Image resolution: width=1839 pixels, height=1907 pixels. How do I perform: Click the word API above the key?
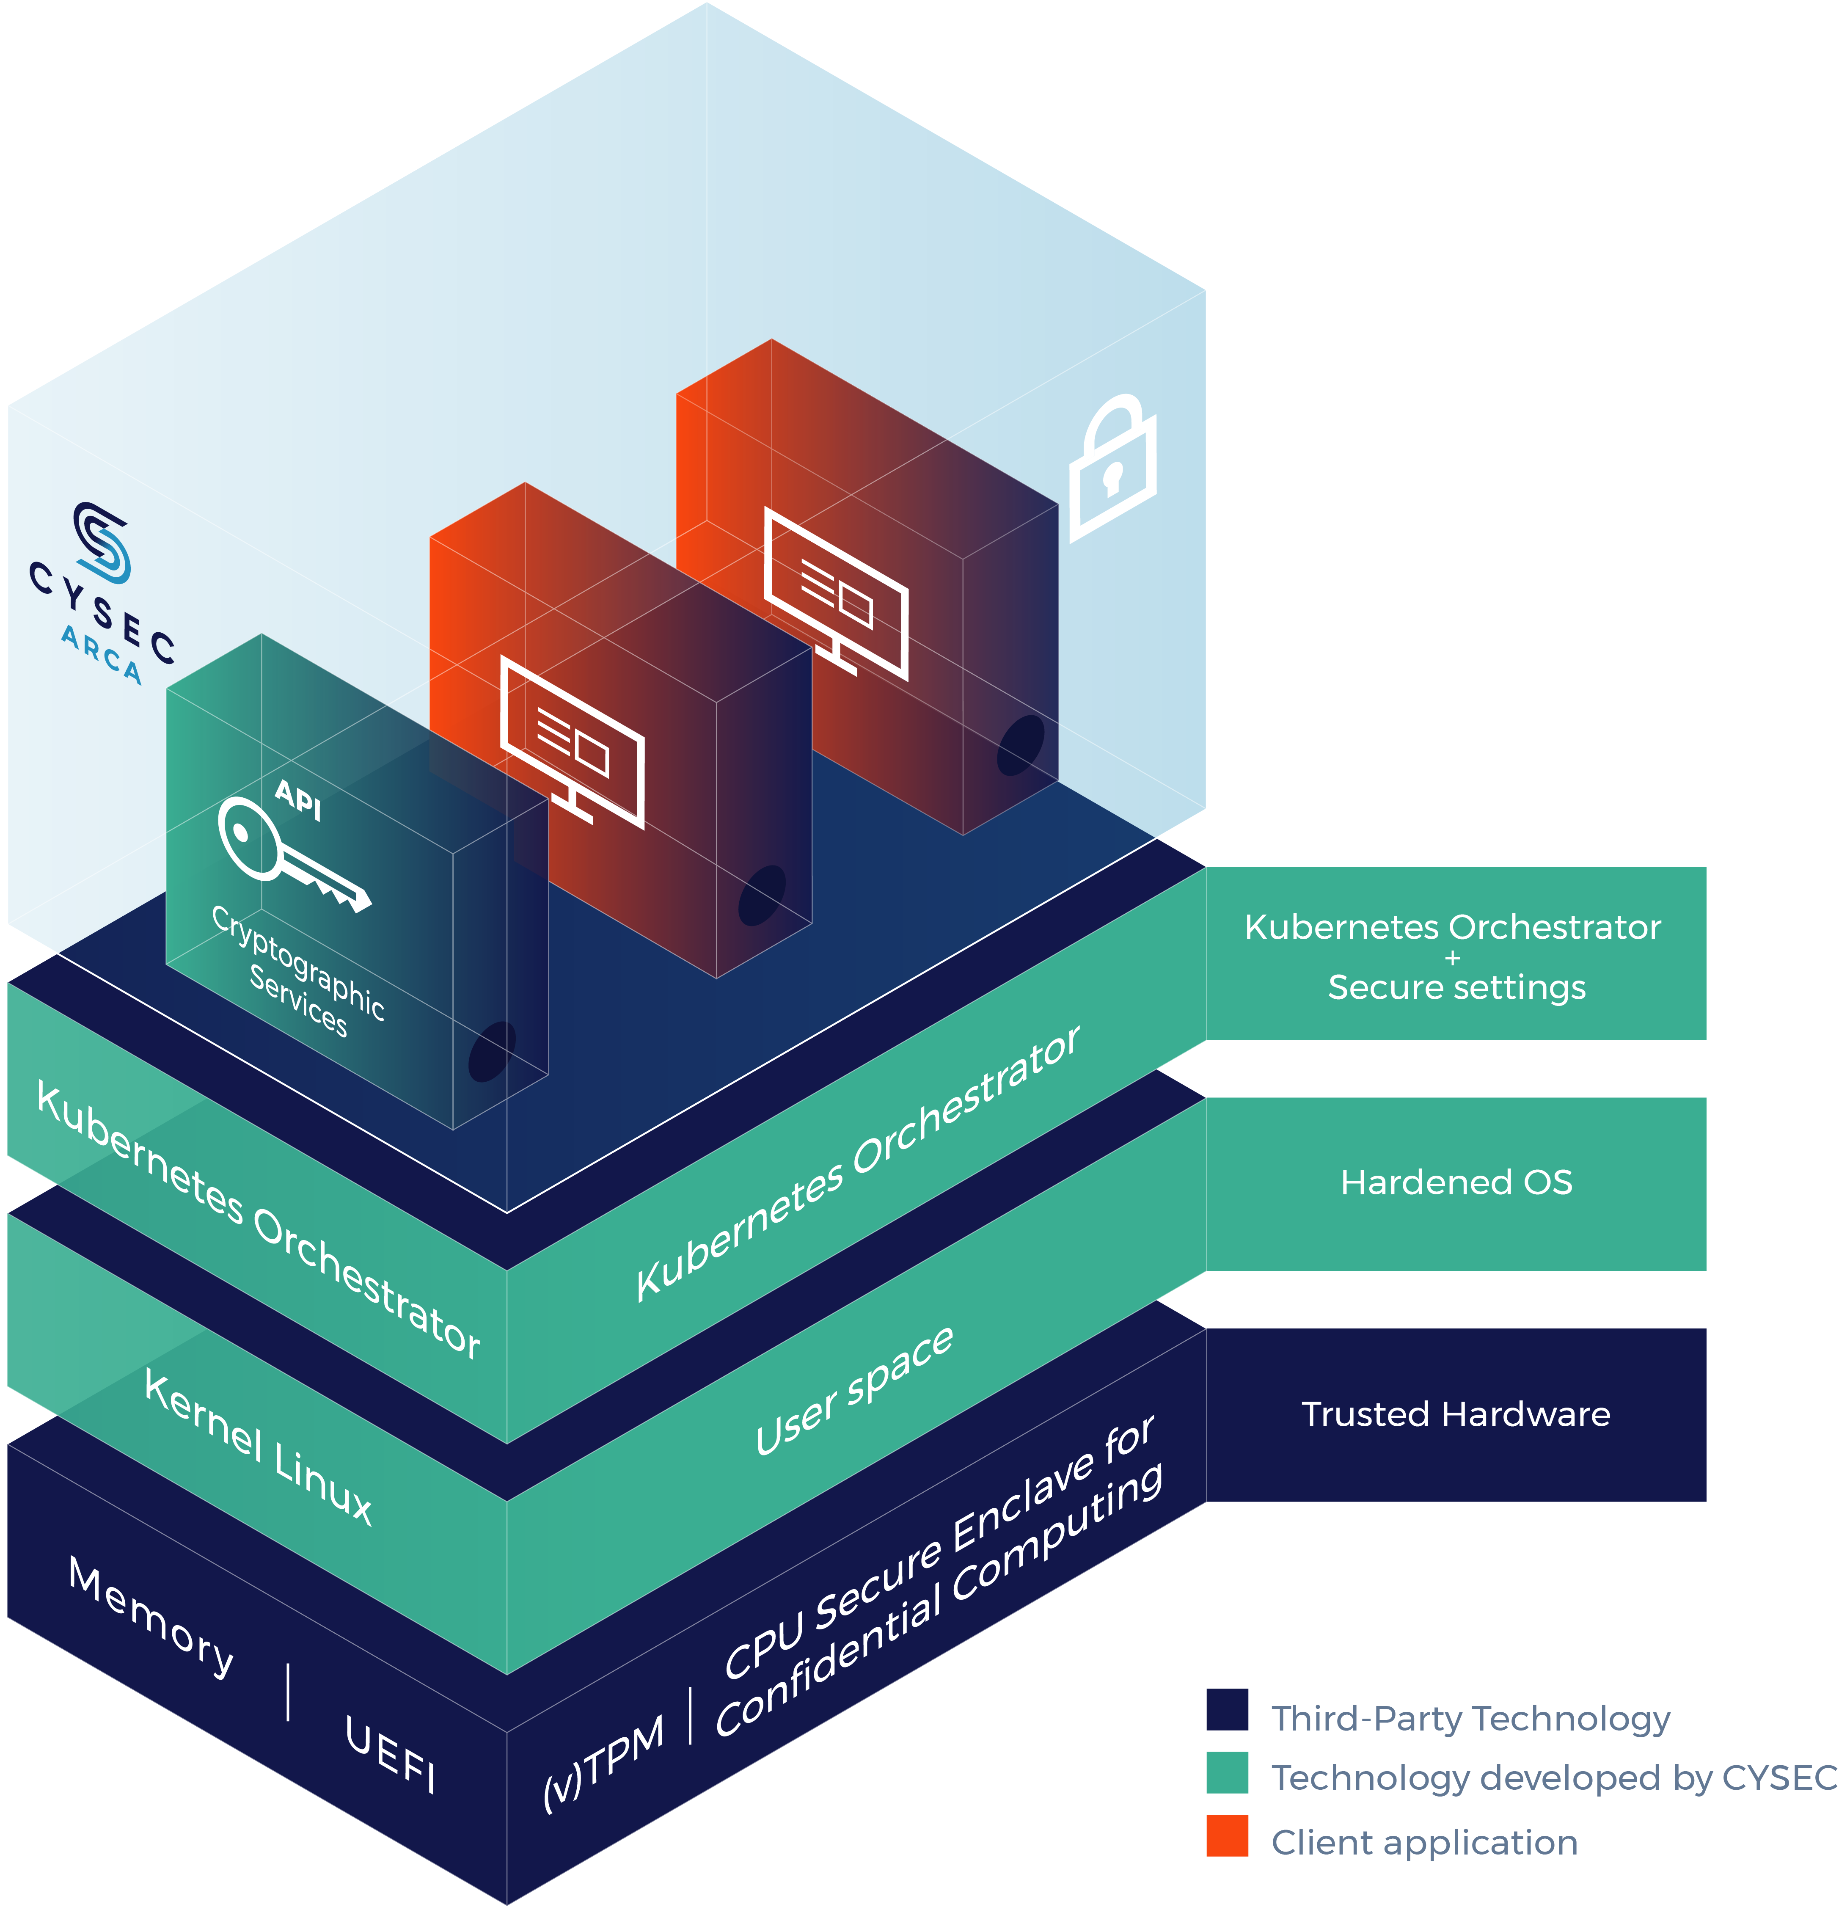[x=298, y=800]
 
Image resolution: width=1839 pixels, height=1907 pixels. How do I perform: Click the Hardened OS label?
[x=1456, y=1182]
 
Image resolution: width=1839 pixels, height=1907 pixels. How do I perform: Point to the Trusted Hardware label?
[x=1456, y=1414]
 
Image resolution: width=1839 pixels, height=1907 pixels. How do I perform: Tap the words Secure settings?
[x=1456, y=987]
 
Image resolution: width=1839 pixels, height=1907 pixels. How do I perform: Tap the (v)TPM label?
[x=603, y=1761]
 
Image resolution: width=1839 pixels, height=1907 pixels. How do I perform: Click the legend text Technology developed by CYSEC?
[x=1553, y=1777]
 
